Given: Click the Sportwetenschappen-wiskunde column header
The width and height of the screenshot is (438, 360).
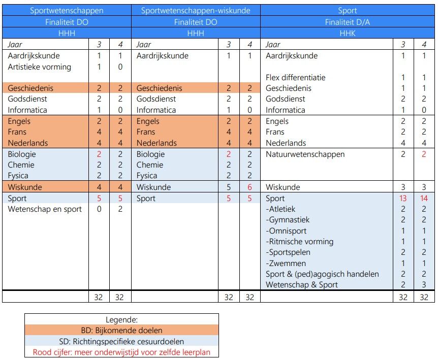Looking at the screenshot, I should click(196, 10).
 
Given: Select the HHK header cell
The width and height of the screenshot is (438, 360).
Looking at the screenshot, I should click(348, 32).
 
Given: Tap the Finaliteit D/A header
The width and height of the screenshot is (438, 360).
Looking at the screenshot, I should click(348, 22).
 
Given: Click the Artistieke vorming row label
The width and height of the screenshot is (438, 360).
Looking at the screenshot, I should click(40, 67).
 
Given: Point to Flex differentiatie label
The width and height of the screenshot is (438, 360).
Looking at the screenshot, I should click(296, 78).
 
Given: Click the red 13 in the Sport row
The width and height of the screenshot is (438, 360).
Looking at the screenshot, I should click(403, 199).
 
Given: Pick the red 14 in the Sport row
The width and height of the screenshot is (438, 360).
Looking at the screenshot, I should click(424, 199).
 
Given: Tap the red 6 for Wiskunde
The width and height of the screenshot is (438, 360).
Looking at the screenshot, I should click(249, 187).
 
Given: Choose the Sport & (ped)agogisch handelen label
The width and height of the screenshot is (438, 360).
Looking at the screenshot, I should click(322, 274).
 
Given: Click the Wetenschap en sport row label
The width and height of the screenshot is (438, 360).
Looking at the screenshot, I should click(45, 209).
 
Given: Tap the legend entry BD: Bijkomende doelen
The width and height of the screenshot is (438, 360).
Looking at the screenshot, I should click(121, 330).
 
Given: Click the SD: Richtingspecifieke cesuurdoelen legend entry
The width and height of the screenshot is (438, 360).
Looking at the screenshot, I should click(121, 341).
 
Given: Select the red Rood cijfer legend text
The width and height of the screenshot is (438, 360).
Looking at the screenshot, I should click(121, 352).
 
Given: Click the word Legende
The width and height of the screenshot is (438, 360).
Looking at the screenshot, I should click(121, 320).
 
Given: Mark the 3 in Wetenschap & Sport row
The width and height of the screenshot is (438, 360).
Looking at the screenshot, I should click(424, 285).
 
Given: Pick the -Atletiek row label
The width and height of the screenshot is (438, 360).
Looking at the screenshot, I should click(280, 209).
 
